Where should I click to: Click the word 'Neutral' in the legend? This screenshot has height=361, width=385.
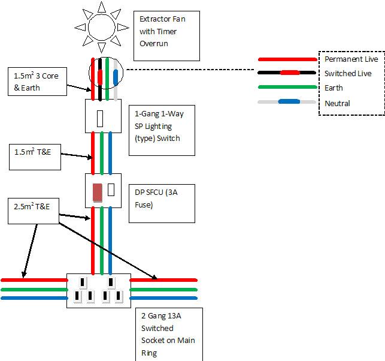[x=337, y=103]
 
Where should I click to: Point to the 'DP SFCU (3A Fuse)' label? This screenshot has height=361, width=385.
[x=161, y=198]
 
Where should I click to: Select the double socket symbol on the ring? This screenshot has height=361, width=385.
[x=98, y=291]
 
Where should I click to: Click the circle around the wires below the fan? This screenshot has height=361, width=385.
[x=105, y=74]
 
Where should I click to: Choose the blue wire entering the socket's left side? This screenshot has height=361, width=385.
[x=33, y=298]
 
